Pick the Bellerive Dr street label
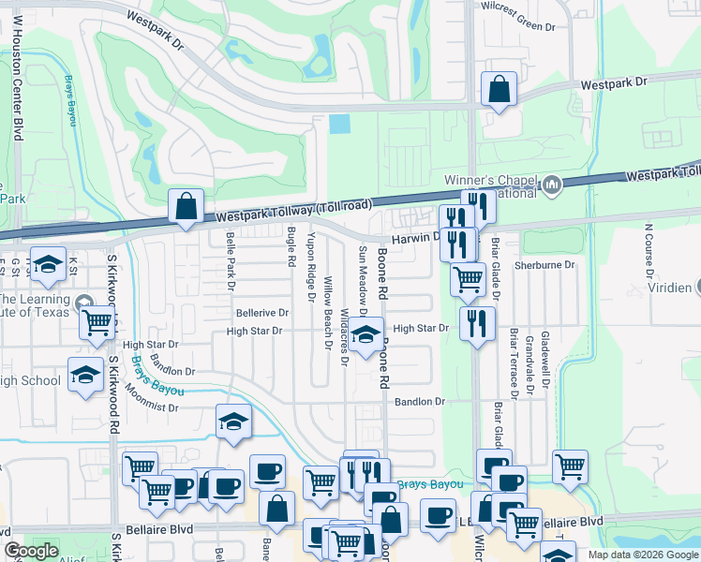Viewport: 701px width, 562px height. [262, 312]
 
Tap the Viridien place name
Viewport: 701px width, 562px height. [677, 287]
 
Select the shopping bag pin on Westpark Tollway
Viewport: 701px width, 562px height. [186, 205]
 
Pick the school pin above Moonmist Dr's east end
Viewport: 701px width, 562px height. [233, 421]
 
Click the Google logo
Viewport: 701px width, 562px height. [31, 552]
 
